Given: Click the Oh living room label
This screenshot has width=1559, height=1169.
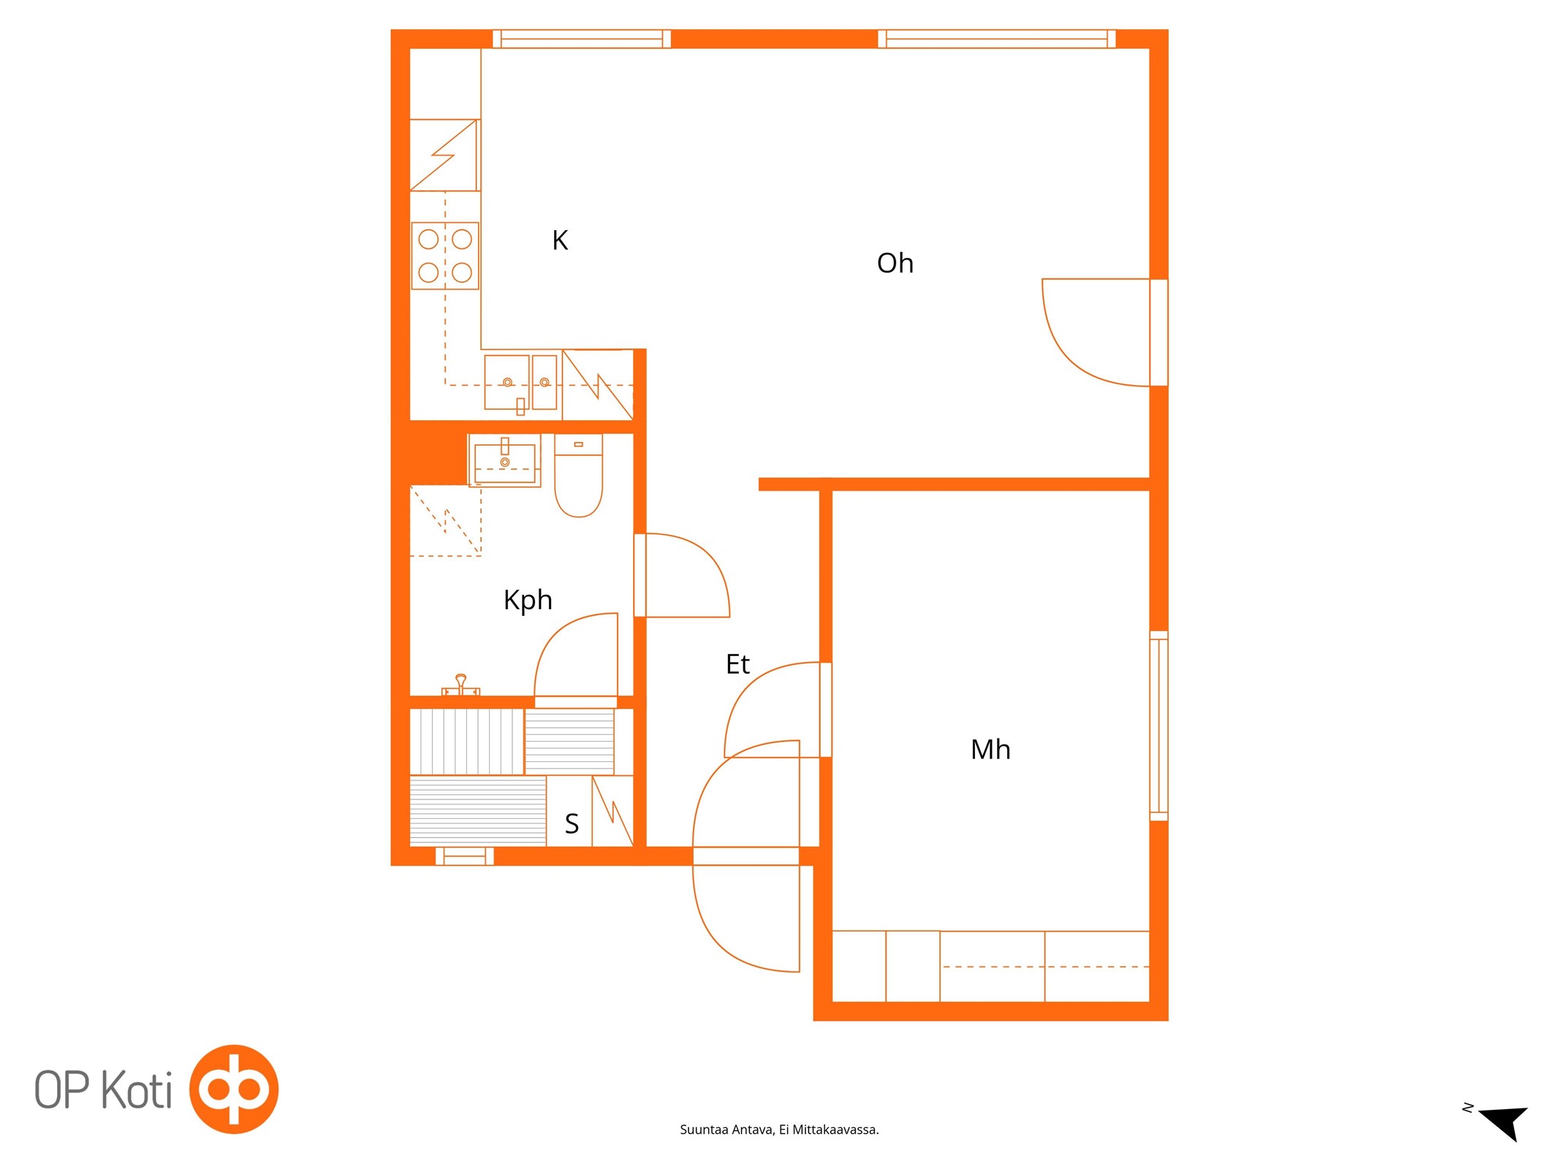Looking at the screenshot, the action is pyautogui.click(x=895, y=263).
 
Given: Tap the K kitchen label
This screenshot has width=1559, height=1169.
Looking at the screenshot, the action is pyautogui.click(x=560, y=240).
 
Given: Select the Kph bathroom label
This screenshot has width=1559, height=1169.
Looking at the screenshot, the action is pyautogui.click(x=528, y=601).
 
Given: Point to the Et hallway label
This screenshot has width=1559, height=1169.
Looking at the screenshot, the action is pyautogui.click(x=737, y=664).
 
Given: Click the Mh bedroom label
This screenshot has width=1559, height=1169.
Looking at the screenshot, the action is pyautogui.click(x=990, y=750).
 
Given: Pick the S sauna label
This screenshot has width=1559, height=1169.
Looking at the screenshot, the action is pyautogui.click(x=572, y=824).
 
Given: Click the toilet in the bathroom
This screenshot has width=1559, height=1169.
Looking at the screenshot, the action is pyautogui.click(x=578, y=476).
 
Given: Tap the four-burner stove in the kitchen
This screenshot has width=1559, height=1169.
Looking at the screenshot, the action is pyautogui.click(x=445, y=256).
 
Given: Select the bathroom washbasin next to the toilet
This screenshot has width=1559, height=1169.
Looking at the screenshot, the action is pyautogui.click(x=504, y=460).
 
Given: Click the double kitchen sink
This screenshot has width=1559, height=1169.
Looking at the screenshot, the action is pyautogui.click(x=520, y=383).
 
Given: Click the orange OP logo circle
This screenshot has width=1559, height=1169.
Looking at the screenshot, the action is pyautogui.click(x=234, y=1089).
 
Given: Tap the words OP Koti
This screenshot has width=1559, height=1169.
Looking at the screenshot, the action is pyautogui.click(x=104, y=1089).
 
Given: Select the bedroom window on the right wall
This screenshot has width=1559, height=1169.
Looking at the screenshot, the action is pyautogui.click(x=1158, y=726).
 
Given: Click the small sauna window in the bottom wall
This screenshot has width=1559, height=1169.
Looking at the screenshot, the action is pyautogui.click(x=465, y=856).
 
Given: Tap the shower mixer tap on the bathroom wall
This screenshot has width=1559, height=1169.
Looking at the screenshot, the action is pyautogui.click(x=460, y=685).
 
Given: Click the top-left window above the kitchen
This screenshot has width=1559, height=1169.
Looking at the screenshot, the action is pyautogui.click(x=582, y=39).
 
